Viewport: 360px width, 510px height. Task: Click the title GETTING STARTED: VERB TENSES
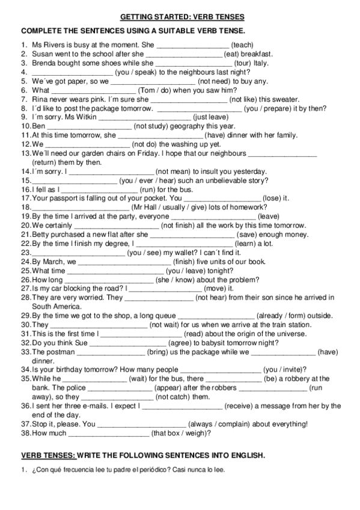(x=179, y=17)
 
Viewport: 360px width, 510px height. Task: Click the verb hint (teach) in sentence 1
(x=242, y=44)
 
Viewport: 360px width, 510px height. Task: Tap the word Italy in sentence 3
(x=261, y=62)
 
